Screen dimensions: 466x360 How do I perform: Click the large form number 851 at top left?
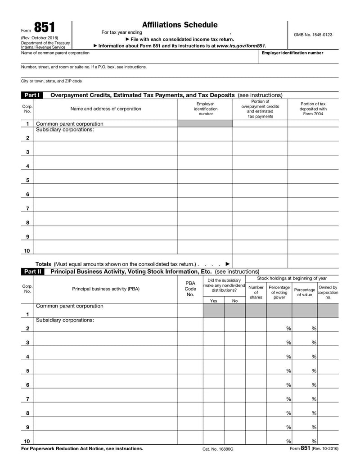(x=44, y=27)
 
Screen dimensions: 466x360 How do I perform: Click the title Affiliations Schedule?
(x=180, y=25)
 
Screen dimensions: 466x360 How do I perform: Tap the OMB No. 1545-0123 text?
(x=313, y=34)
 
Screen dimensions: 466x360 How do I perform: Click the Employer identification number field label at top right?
(x=292, y=53)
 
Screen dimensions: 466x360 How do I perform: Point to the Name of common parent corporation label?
(x=55, y=53)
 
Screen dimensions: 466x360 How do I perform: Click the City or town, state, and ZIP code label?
(x=51, y=81)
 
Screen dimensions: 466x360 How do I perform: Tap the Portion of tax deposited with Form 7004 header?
(x=313, y=109)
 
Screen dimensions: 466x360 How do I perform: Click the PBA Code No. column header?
(x=190, y=289)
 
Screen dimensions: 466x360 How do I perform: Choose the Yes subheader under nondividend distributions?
(x=213, y=301)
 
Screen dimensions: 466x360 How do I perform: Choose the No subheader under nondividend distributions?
(x=234, y=301)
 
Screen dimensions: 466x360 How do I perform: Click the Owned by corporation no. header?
(x=328, y=292)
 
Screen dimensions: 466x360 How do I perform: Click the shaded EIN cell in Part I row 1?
(x=205, y=124)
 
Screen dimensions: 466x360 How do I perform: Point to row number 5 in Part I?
(x=27, y=180)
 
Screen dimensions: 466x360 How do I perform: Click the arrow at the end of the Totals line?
(x=227, y=264)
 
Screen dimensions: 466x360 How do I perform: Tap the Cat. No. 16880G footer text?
(x=218, y=449)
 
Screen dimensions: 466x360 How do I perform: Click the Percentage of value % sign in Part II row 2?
(x=314, y=329)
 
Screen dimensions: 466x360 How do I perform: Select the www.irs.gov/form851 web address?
(x=241, y=45)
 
